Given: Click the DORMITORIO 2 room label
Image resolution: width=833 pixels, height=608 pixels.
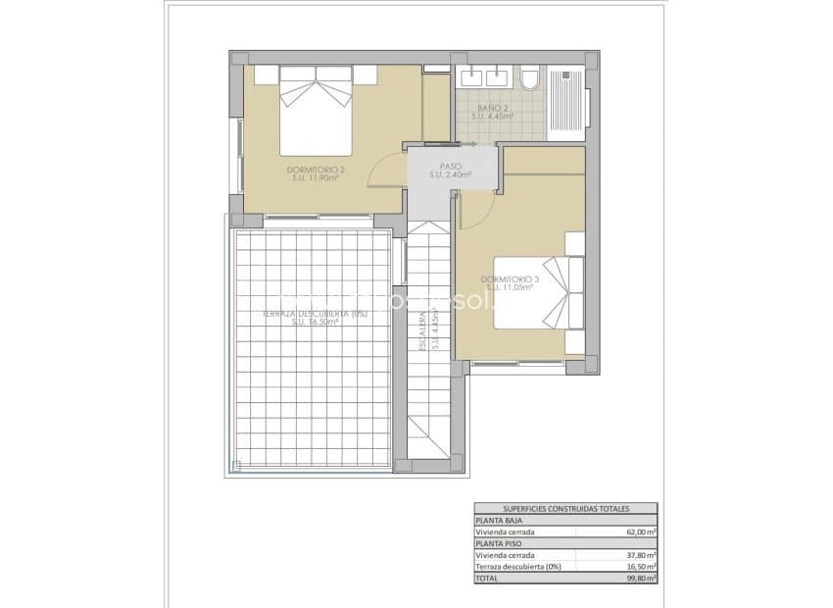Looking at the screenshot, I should tap(313, 169).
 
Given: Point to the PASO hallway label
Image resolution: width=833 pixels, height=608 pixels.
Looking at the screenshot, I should tap(450, 166).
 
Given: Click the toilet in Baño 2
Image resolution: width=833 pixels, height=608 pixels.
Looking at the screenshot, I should tap(530, 78).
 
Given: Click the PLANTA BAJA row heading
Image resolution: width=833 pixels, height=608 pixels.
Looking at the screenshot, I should tap(500, 521).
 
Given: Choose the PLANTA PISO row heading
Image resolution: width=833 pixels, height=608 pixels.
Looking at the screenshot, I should tap(500, 543).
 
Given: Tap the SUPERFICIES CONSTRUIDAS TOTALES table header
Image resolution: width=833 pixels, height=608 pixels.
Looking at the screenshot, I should tap(565, 509).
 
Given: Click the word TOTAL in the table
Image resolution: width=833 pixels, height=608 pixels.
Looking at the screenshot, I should tap(488, 578).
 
